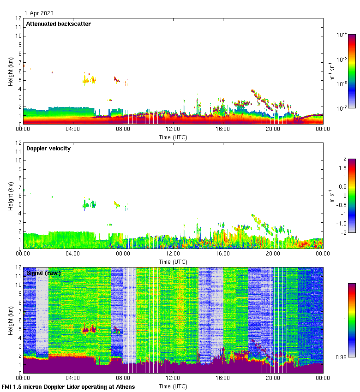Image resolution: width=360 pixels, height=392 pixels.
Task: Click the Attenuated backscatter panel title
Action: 58,24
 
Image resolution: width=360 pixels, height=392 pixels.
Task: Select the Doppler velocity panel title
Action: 48,148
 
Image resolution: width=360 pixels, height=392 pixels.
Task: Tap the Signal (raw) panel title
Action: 43,273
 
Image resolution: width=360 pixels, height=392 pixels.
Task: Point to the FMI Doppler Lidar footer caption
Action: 68,386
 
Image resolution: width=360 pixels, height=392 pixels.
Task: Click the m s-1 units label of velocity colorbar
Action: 332,196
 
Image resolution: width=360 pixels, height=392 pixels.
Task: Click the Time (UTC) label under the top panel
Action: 173,137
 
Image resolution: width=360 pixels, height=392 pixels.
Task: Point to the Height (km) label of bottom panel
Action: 11,320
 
